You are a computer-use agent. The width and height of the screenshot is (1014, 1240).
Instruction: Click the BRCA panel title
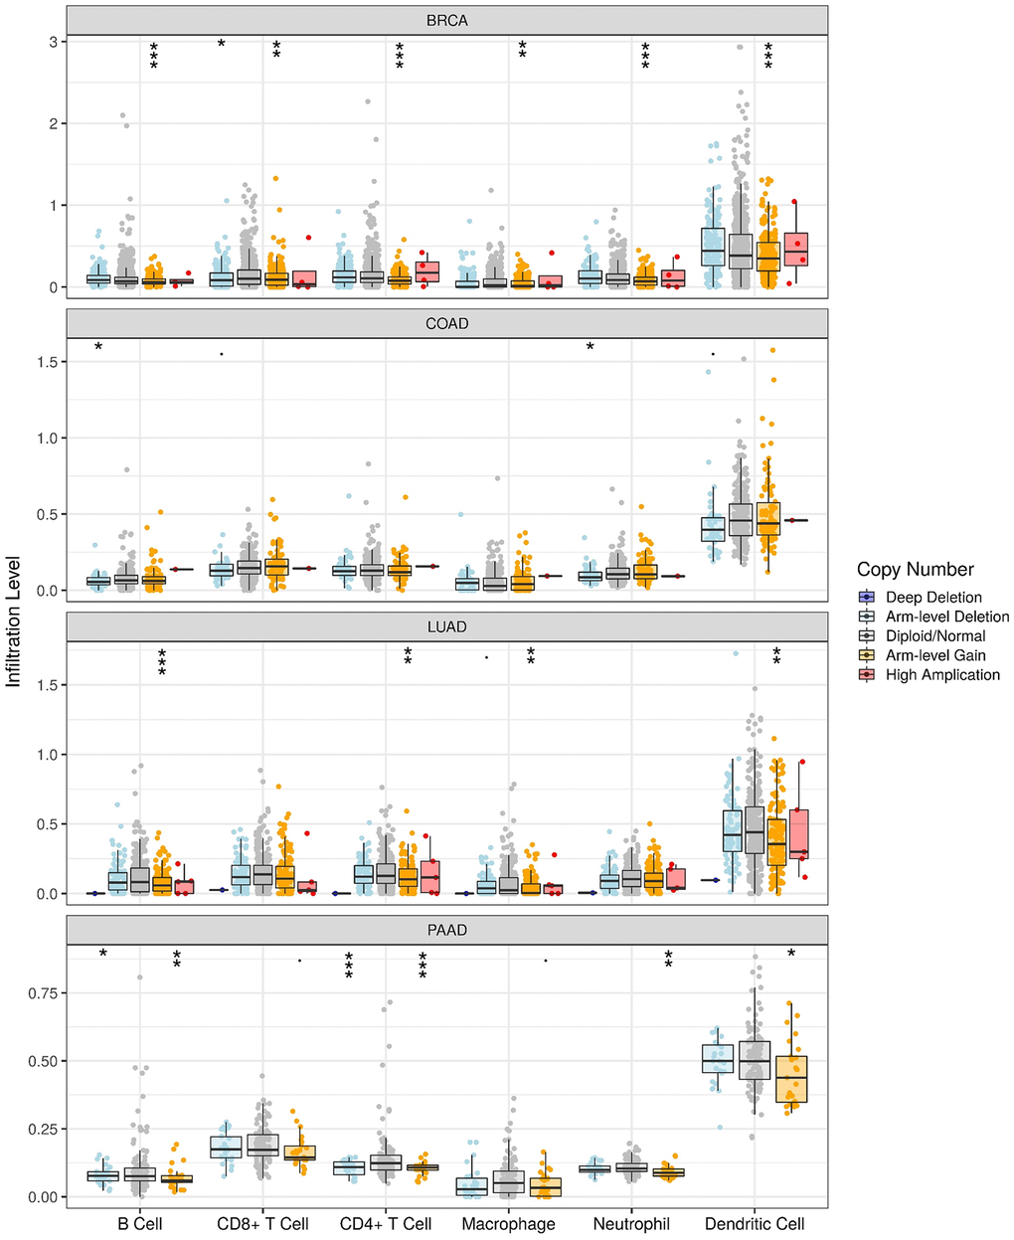[446, 20]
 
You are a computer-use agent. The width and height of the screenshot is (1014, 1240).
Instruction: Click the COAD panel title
[446, 323]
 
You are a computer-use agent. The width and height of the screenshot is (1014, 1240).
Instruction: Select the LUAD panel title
[446, 627]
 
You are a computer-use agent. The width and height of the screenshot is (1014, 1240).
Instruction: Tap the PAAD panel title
[446, 931]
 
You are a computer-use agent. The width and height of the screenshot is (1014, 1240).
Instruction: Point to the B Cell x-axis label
[140, 1224]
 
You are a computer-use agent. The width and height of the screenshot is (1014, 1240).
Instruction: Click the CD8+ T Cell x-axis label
[262, 1224]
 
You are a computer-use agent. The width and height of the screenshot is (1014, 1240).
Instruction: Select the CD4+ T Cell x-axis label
[386, 1224]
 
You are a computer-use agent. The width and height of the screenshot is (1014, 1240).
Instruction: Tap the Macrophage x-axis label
[509, 1224]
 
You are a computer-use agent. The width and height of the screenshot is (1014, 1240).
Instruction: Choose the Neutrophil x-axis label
[631, 1224]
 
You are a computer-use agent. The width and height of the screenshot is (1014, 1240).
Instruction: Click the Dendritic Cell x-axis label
[755, 1224]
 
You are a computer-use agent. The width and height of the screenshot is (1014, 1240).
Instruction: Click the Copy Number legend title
[915, 570]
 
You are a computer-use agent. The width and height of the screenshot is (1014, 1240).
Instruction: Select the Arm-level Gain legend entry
[935, 655]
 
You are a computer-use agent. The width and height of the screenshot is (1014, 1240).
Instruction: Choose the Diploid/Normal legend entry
[935, 636]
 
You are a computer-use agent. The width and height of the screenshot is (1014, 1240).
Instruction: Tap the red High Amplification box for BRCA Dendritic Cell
[796, 249]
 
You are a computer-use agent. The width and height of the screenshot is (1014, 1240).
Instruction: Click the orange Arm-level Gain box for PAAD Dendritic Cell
[791, 1078]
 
